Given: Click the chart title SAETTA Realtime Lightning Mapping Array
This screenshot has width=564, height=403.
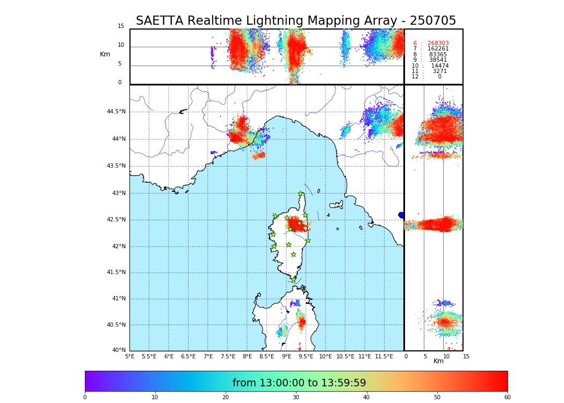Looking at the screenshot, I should (x=295, y=21).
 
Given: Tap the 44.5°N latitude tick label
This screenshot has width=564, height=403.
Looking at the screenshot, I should (x=115, y=112).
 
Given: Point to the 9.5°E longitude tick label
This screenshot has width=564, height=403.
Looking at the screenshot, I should (x=306, y=356).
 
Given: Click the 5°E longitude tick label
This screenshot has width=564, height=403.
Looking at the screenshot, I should (x=129, y=356).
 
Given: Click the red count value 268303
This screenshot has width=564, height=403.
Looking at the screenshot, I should (x=438, y=44).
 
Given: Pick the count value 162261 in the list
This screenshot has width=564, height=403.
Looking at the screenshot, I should (x=438, y=49).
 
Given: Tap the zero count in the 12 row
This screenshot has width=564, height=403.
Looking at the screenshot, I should (x=439, y=77).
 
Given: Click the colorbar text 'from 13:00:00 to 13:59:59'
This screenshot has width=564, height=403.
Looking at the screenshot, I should (x=299, y=383).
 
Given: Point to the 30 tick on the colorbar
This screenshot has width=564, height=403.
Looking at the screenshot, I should (x=296, y=398).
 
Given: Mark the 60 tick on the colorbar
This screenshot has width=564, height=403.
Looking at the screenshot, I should (x=507, y=398).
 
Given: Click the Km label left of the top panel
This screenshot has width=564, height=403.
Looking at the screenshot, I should (x=105, y=54).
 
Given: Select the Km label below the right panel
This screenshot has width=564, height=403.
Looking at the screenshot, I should (x=438, y=361).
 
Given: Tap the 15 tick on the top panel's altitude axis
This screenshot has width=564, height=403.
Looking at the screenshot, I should (x=121, y=26).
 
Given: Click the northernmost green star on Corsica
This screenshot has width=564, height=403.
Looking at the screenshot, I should (x=301, y=194).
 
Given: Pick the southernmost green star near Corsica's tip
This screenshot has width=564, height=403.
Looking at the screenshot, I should (x=293, y=279).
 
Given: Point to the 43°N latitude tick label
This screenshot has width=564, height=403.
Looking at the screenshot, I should (x=118, y=193).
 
